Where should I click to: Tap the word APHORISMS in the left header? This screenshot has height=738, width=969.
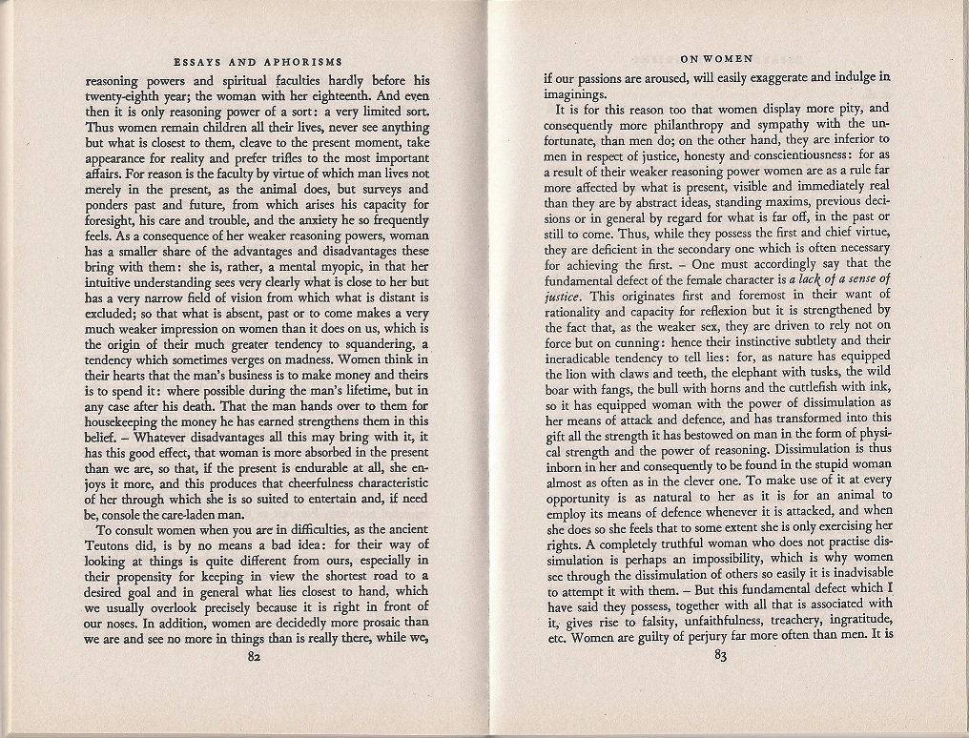[x=301, y=62]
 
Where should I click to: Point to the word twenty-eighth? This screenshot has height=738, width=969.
[x=123, y=96]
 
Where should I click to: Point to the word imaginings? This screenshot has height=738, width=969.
[x=574, y=93]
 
